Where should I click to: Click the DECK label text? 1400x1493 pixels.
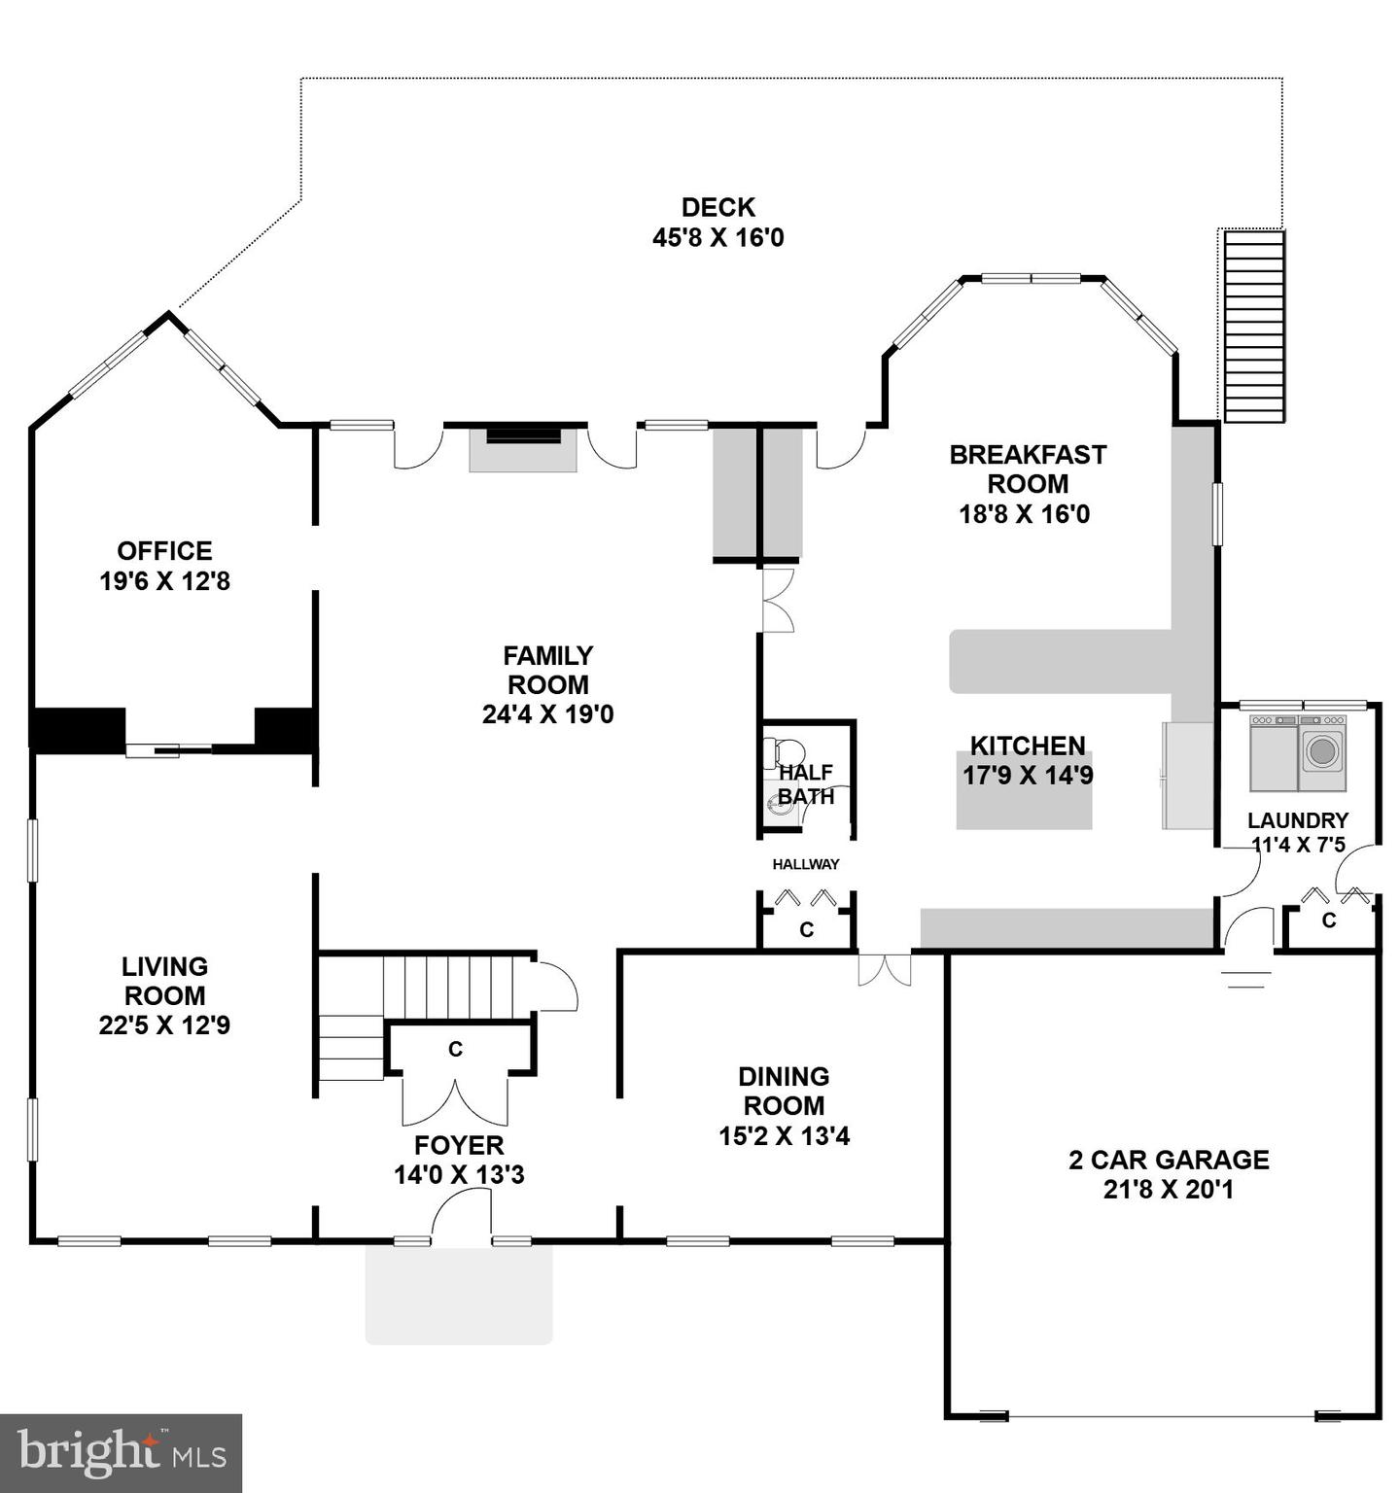[x=717, y=207]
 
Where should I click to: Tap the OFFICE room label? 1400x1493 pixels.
[x=164, y=551]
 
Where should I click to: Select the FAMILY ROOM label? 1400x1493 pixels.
[x=547, y=670]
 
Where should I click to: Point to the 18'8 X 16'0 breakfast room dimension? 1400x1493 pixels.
[x=1025, y=514]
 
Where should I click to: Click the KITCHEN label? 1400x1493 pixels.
[x=1028, y=746]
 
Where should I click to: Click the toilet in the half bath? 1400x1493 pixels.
[x=786, y=751]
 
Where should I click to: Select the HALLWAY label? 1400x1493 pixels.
[x=805, y=864]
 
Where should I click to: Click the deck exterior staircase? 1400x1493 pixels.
[x=1254, y=326]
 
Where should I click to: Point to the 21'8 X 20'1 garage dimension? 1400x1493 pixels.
[x=1168, y=1190]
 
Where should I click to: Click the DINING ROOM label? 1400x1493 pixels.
[x=784, y=1091]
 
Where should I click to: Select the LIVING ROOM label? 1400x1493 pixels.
[x=164, y=981]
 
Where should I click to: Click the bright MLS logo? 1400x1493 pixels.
[x=121, y=1453]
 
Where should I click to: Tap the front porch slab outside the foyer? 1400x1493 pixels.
[x=459, y=1295]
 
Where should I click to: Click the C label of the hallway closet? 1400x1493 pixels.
[x=806, y=930]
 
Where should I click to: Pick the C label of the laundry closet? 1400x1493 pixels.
[x=1328, y=920]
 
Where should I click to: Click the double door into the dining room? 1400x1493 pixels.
[x=885, y=970]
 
